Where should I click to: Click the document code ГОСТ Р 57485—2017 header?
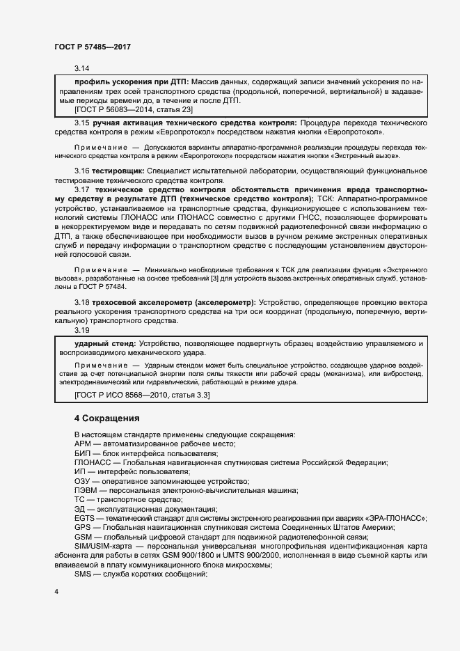point(93,46)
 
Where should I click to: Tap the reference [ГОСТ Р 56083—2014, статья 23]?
point(134,109)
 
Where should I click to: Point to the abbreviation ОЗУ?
point(83,481)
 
